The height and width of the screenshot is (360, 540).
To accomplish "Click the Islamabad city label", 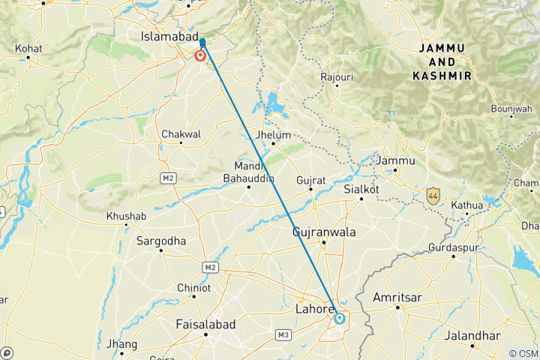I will (169, 36).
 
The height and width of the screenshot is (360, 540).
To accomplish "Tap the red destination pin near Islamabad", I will (201, 55).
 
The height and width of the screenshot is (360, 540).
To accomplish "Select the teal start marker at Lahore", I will (340, 318).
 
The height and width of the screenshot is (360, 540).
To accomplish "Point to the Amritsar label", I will (397, 298).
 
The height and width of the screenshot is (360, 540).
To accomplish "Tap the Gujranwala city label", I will (323, 232).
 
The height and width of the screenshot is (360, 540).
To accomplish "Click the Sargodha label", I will (160, 241).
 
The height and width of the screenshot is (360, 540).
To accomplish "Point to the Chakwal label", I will (181, 134).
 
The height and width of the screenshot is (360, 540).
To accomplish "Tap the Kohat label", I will (28, 48).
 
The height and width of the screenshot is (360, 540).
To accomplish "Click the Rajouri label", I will (337, 76).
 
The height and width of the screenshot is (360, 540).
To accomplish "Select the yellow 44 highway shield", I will (433, 196).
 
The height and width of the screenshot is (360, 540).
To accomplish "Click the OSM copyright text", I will (523, 353).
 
